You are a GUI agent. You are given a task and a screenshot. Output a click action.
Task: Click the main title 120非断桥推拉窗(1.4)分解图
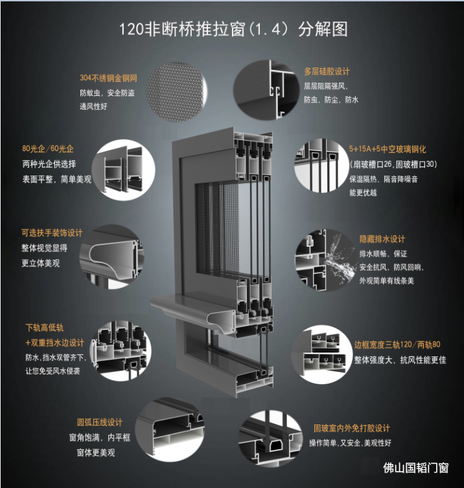(233, 29)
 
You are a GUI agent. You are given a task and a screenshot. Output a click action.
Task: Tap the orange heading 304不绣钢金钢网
(108, 78)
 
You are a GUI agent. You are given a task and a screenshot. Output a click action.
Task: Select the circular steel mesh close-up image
(176, 91)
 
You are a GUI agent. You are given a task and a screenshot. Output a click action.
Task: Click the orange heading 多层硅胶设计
(327, 71)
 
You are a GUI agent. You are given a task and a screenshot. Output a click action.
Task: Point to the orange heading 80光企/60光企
(47, 148)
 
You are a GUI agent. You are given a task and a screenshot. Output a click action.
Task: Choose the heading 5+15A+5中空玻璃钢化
(388, 149)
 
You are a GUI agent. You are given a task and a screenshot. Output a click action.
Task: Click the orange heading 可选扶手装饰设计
(52, 233)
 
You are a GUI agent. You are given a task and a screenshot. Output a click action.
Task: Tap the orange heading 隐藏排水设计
(382, 239)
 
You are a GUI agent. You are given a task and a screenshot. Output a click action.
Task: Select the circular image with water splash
(326, 260)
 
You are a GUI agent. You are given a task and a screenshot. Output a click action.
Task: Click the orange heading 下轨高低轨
(45, 327)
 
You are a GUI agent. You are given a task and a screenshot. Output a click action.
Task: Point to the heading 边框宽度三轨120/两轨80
(397, 345)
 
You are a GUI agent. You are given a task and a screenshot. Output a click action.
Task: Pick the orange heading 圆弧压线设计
(100, 423)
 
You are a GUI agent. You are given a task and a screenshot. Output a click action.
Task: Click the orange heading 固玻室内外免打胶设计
(352, 428)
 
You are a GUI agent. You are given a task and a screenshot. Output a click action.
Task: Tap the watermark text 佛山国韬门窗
(416, 468)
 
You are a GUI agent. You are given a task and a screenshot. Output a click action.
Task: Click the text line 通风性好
(93, 106)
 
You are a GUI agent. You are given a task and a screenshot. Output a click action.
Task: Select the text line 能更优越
(363, 192)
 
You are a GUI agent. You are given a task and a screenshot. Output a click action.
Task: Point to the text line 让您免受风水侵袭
(52, 371)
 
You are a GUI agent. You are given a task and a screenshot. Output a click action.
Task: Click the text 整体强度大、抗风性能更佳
(400, 360)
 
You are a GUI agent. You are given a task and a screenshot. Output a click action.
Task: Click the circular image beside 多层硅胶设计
(266, 90)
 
